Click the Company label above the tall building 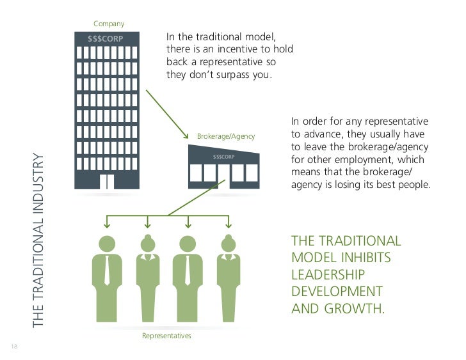point(109,24)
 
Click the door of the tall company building point(108,182)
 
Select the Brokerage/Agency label point(225,137)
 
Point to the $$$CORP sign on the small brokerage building point(224,156)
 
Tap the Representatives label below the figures point(166,335)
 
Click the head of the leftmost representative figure point(106,243)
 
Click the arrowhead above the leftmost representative point(106,224)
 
